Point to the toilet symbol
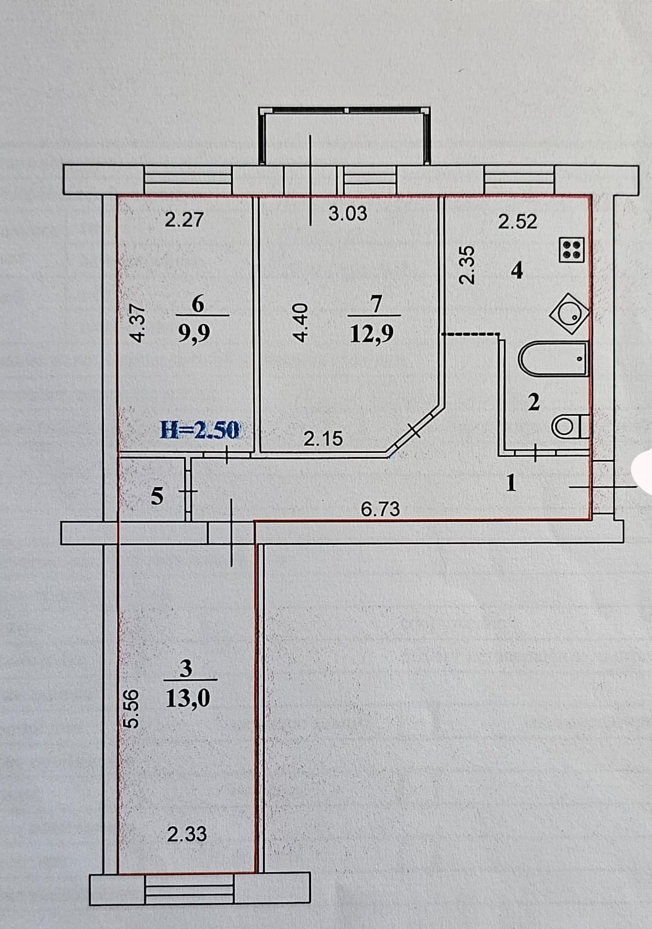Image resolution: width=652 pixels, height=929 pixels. pos(570,427)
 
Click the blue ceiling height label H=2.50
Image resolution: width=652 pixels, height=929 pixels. pos(199,430)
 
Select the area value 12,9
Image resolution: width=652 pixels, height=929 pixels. pos(372,334)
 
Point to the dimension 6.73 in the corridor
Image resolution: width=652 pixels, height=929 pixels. pos(380,509)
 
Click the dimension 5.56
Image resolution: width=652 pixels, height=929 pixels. pos(132,707)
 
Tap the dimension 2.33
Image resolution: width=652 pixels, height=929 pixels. pos(187,834)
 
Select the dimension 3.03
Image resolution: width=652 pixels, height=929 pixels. pos(348,214)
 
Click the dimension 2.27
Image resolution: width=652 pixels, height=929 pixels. pos(184,220)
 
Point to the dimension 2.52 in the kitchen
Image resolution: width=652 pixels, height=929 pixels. pos(518,221)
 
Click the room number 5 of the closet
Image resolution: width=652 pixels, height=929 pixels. pos(157,496)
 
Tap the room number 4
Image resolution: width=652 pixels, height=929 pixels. pos(517,271)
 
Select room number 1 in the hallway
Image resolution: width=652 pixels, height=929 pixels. pos(511,483)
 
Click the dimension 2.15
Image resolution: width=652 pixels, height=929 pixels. pos(323,439)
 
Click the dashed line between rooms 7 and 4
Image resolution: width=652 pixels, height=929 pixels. pos(471,334)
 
